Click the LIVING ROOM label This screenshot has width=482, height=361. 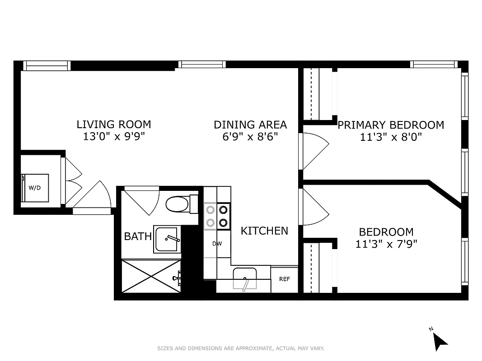[113, 124]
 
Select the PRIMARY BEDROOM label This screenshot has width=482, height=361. [391, 125]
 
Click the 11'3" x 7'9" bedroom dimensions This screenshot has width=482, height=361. [386, 244]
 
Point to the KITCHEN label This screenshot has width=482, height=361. [264, 231]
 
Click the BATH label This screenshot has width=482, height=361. [138, 236]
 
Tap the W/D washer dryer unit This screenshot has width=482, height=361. [35, 187]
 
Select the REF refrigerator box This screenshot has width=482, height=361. [284, 279]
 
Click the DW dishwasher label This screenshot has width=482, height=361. [217, 244]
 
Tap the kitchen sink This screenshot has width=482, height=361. [244, 278]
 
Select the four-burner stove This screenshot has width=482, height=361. [217, 216]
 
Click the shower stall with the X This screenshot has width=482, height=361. [151, 275]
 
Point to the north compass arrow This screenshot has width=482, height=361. [440, 341]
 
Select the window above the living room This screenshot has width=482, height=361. [47, 65]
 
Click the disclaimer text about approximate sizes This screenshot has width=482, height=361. [241, 348]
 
